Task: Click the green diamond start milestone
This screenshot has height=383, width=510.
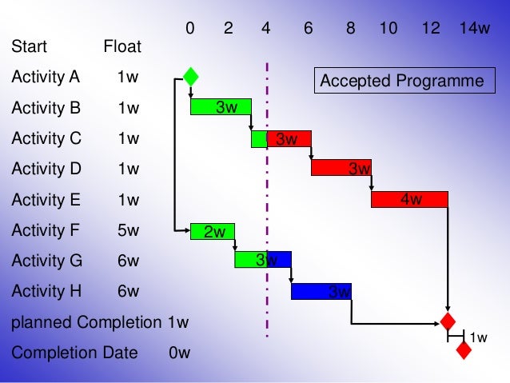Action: (x=190, y=77)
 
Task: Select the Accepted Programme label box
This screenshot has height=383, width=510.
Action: (x=401, y=81)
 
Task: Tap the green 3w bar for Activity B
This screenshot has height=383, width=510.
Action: (x=221, y=107)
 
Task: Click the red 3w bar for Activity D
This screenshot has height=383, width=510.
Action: (x=341, y=168)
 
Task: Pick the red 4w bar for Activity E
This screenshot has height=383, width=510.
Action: (x=409, y=199)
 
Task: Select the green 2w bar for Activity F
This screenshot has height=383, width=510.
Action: (x=213, y=231)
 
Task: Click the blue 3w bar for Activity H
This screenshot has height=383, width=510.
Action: (x=321, y=292)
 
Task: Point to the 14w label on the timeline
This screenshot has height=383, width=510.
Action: (x=474, y=29)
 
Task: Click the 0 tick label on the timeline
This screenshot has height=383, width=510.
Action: (x=190, y=29)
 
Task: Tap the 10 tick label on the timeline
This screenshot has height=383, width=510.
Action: (x=388, y=29)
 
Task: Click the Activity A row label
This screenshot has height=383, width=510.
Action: (x=46, y=78)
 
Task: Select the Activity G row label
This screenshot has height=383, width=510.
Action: (x=46, y=261)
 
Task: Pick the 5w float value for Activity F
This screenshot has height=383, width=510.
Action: (x=128, y=230)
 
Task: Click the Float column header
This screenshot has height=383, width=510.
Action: (x=122, y=47)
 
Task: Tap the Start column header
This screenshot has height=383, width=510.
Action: (x=29, y=47)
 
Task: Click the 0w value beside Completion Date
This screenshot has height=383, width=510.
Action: (x=179, y=353)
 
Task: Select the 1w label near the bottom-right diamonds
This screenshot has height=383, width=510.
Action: (x=478, y=338)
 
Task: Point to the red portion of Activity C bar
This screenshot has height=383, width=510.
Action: (x=289, y=138)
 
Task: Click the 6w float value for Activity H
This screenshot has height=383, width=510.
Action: (x=128, y=292)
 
